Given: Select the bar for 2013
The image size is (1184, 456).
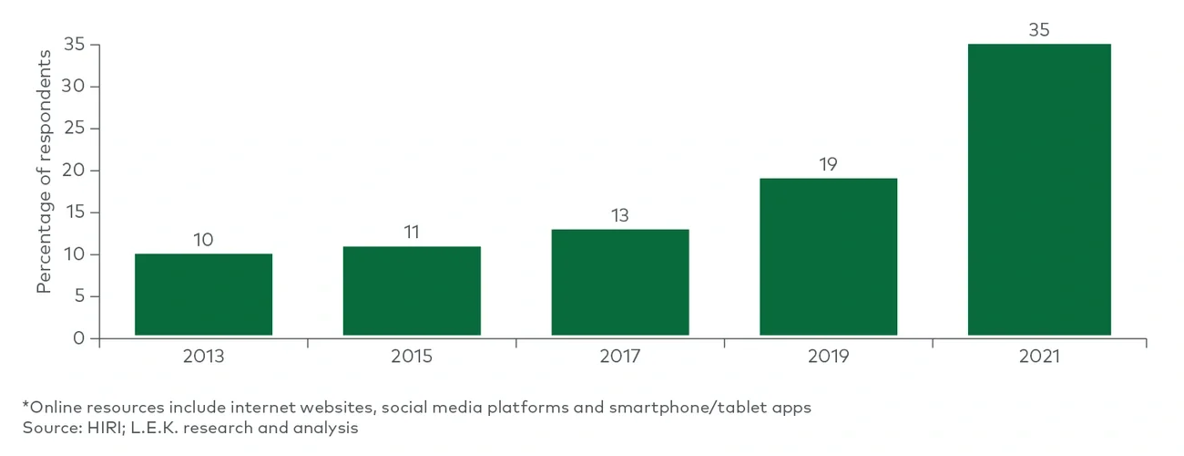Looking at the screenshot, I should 203,295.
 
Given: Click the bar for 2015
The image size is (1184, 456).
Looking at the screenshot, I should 412,291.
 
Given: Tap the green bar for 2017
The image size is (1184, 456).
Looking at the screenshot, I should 620,283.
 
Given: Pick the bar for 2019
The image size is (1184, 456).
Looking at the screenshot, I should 828,257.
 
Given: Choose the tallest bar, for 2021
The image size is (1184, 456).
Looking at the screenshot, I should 1039,190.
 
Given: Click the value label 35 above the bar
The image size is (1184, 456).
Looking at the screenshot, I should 1039,29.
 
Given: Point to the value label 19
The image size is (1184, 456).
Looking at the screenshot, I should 828,164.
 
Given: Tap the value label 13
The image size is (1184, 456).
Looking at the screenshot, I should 620,215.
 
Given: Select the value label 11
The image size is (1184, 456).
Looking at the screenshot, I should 412,232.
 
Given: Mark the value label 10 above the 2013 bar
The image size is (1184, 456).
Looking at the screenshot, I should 203,240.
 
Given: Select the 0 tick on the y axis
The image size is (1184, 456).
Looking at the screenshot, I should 79,338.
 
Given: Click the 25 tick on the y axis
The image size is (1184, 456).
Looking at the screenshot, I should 75,129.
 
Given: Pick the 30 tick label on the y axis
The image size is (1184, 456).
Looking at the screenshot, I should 75,87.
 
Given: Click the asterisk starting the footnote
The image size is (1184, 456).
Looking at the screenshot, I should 26,406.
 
